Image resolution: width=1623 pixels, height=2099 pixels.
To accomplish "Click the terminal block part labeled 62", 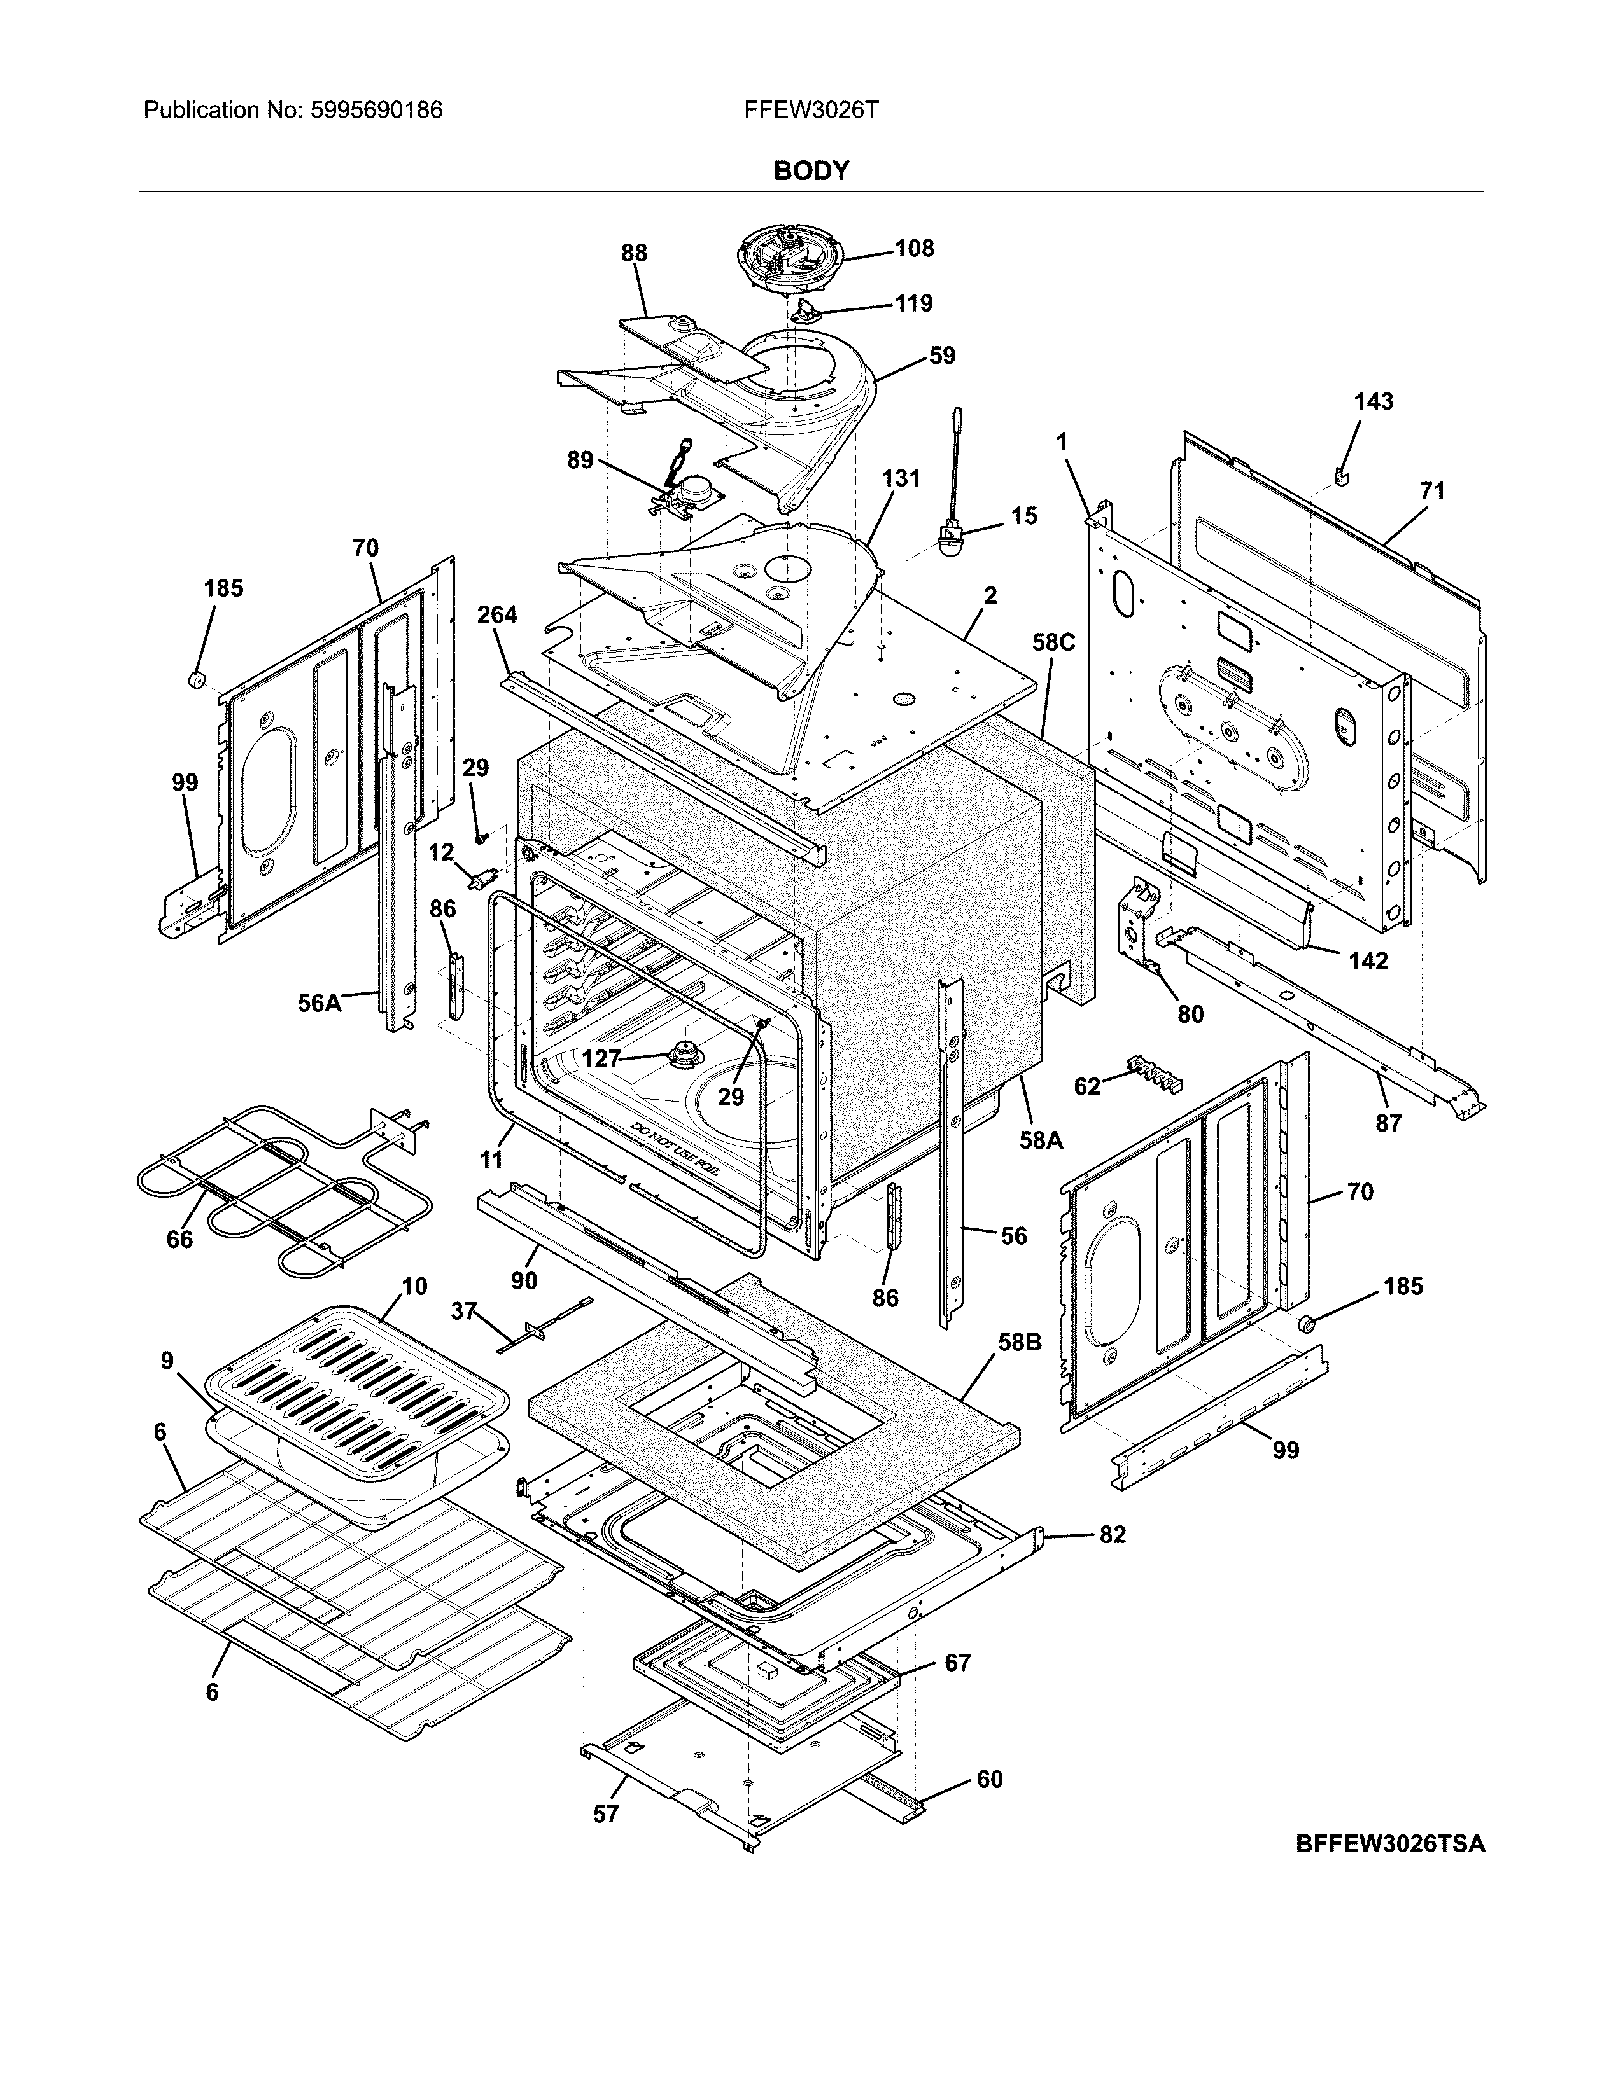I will pyautogui.click(x=1154, y=1072).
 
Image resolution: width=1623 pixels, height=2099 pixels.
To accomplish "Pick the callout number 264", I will pyautogui.click(x=497, y=615).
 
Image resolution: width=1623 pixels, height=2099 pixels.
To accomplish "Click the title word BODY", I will pyautogui.click(x=810, y=171).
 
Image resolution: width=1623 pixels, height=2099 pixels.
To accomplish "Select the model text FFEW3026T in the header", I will pyautogui.click(x=810, y=111).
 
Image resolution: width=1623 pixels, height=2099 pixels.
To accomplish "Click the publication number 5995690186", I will pyautogui.click(x=376, y=111).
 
